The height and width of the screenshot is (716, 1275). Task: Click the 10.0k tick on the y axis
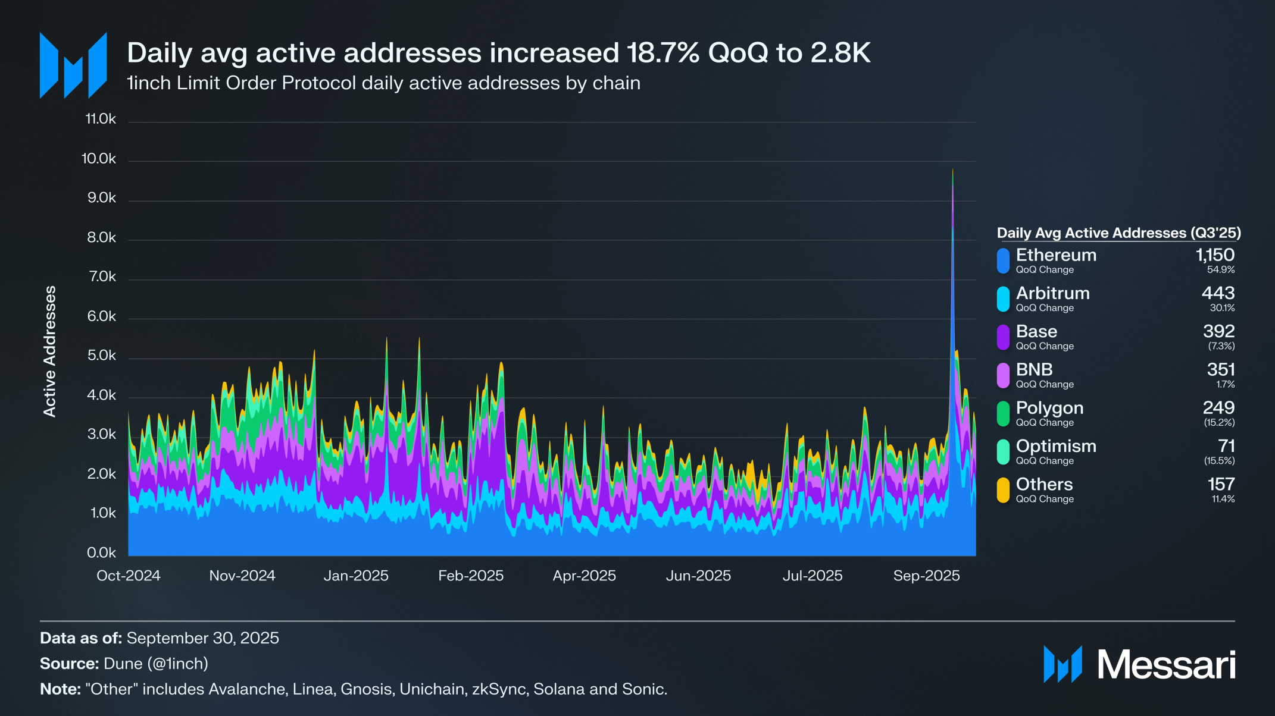pos(99,159)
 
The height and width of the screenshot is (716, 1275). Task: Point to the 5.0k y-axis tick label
pos(101,356)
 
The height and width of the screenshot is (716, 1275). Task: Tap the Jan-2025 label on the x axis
pos(356,576)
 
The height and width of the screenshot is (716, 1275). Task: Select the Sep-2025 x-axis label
pos(926,576)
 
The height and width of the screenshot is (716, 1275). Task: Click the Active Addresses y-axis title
pos(50,351)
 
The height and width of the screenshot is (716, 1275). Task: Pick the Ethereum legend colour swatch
pos(1003,260)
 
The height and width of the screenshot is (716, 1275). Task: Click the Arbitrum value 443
pos(1218,293)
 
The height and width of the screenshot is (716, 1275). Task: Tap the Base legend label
pos(1036,331)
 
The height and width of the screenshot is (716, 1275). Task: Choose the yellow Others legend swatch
pos(1003,490)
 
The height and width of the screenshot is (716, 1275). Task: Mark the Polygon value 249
pos(1218,408)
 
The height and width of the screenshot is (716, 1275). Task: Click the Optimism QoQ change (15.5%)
pos(1219,461)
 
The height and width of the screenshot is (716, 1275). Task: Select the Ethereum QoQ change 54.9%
pos(1220,270)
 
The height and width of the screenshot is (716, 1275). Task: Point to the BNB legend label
pos(1034,370)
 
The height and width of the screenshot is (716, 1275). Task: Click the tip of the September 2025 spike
pos(952,170)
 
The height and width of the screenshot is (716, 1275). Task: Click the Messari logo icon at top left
pos(73,65)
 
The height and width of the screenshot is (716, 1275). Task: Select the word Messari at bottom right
pos(1166,664)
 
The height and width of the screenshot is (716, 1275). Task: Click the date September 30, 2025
pos(202,638)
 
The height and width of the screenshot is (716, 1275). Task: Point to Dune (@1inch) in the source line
pos(156,664)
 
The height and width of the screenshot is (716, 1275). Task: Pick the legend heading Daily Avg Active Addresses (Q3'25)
pos(1118,233)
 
